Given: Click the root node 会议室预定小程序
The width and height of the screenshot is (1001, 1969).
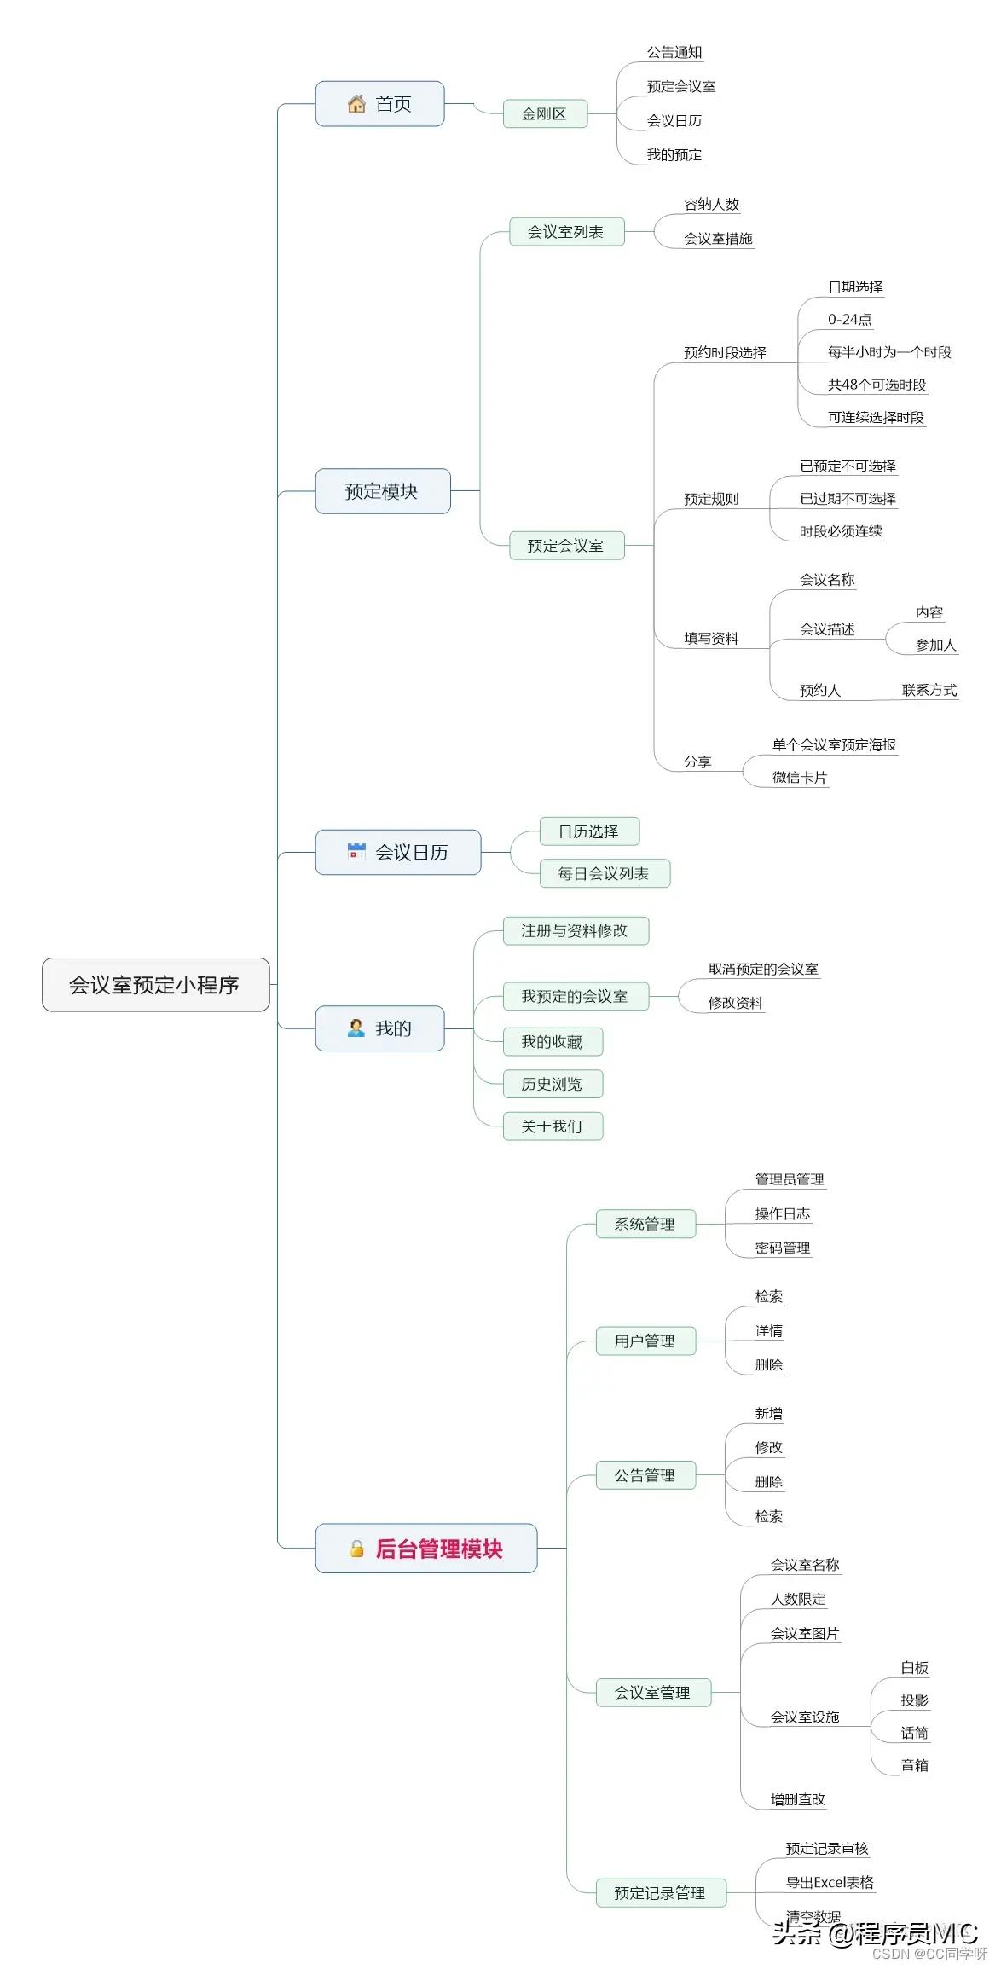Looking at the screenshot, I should pos(155,985).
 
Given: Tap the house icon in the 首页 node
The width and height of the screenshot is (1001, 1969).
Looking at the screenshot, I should pos(356,104).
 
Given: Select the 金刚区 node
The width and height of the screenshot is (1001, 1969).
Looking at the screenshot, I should pos(544,114).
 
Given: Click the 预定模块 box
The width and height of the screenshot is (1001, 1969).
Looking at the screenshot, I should pos(382,491).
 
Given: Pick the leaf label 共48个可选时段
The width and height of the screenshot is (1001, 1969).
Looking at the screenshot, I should pos(877,385).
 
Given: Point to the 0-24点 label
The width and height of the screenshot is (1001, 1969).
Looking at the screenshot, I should pos(849,320).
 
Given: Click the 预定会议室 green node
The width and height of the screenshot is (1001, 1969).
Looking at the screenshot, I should pos(566,546).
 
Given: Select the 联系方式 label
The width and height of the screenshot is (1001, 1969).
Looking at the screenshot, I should pos(929,690).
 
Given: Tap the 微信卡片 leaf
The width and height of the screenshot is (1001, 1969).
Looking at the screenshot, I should pos(799,778).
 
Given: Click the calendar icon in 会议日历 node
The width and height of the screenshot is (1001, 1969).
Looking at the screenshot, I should pos(356,851).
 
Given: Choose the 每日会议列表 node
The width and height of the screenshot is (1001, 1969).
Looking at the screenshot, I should pos(604,873).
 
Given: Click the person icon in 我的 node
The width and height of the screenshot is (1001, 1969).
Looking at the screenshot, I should pos(356,1028).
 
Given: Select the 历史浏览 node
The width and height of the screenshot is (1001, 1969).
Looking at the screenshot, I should pos(552,1084).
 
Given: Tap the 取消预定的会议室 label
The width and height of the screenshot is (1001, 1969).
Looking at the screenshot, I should pos(763,970).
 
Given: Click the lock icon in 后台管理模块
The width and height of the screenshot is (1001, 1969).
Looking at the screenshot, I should pos(356,1549).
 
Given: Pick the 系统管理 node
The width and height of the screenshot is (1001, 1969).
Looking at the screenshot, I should pos(645,1225).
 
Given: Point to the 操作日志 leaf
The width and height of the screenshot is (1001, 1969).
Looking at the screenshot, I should pos(782,1214).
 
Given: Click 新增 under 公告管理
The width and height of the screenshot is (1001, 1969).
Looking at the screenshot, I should pos(768,1414).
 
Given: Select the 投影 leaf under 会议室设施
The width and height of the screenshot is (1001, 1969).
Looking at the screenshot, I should pos(914,1700).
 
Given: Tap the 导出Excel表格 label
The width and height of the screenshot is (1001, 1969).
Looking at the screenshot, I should pos(830,1882).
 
